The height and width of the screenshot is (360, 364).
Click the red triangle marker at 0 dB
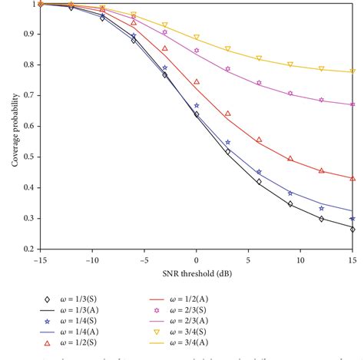(197, 81)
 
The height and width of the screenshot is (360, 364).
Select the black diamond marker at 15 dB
(353, 229)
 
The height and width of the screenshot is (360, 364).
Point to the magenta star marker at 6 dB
(259, 83)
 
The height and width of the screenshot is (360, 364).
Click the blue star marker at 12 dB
(322, 208)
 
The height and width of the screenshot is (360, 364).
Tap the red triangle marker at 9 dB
(290, 158)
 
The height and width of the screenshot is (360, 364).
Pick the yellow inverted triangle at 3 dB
(228, 48)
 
